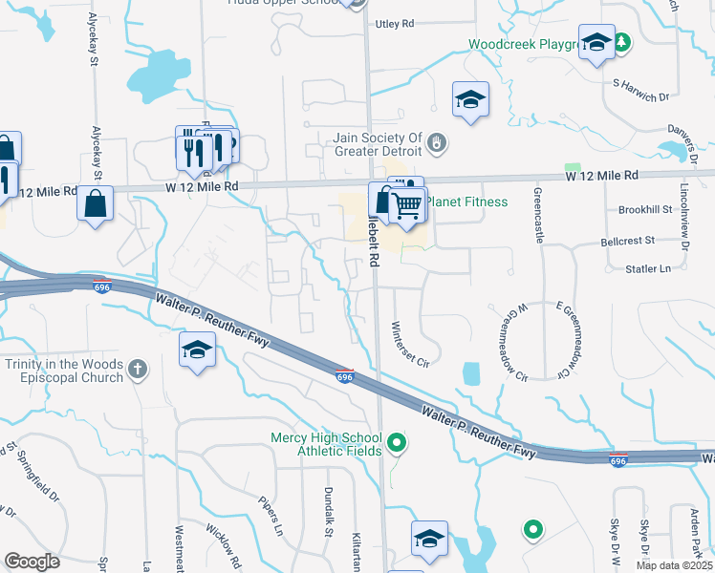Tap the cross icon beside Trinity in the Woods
138,369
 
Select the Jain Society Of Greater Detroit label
378,144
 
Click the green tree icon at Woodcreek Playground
622,43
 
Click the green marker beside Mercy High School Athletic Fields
397,444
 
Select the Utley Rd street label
395,23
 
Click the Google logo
32,562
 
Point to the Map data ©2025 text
674,565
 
